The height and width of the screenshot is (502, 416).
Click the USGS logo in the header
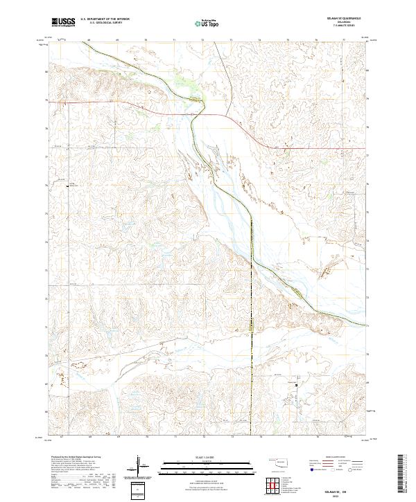click(x=63, y=23)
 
